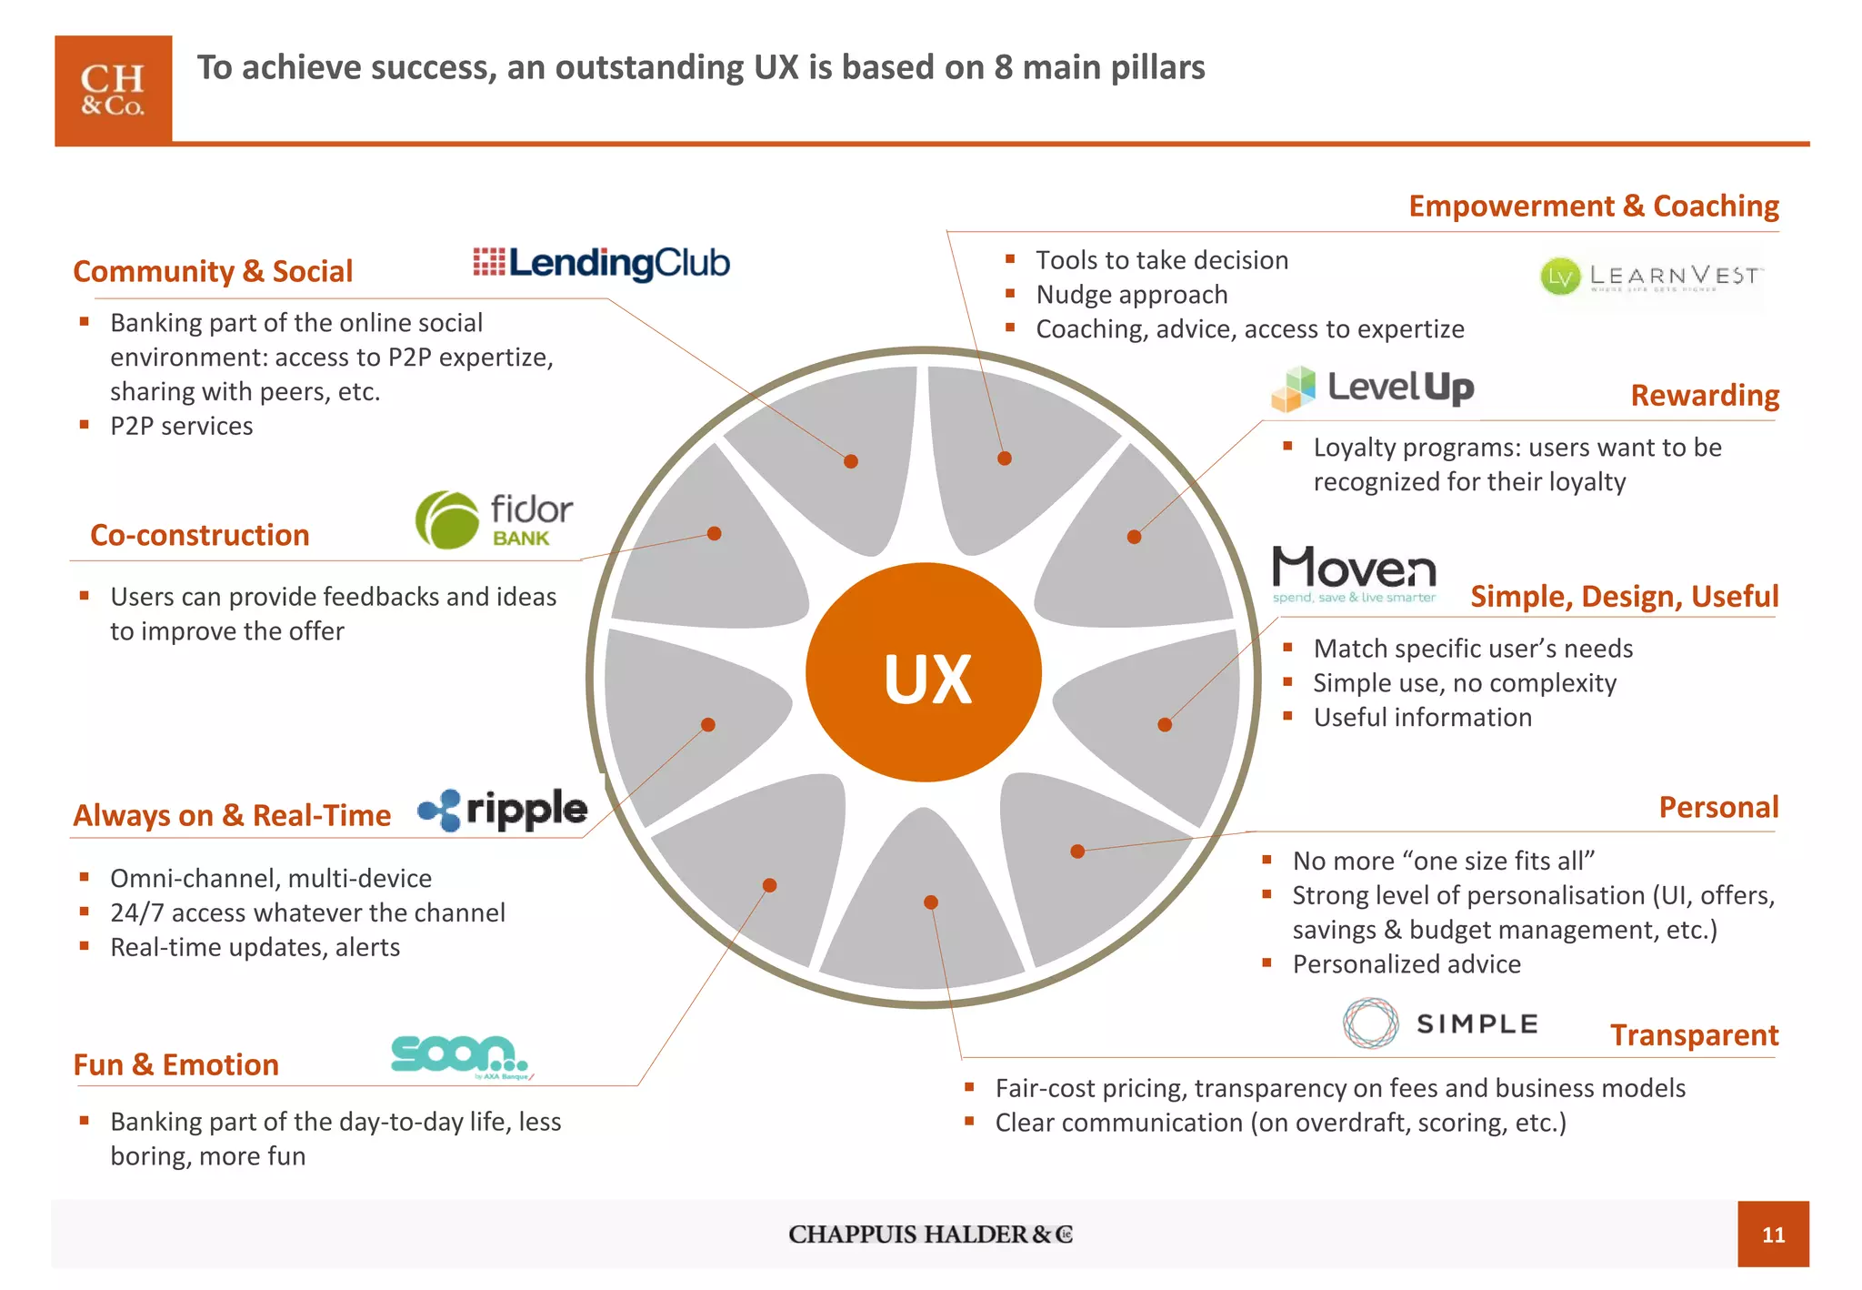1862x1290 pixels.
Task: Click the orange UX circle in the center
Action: pyautogui.click(x=924, y=672)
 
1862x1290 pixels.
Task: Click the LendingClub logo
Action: pyautogui.click(x=602, y=263)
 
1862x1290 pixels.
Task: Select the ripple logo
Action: pyautogui.click(x=503, y=809)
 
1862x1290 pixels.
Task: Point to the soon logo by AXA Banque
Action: pyautogui.click(x=460, y=1056)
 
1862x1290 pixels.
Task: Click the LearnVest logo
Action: pyautogui.click(x=1650, y=276)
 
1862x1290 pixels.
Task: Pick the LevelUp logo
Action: pyautogui.click(x=1373, y=388)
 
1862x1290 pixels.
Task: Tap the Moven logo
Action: pyautogui.click(x=1354, y=573)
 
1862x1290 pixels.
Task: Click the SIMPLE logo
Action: pyautogui.click(x=1441, y=1023)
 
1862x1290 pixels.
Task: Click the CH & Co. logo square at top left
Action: pyautogui.click(x=114, y=90)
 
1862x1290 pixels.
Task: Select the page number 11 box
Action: pyautogui.click(x=1773, y=1235)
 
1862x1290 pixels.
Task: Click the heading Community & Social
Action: pyautogui.click(x=213, y=271)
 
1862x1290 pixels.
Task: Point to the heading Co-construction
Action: pyautogui.click(x=200, y=535)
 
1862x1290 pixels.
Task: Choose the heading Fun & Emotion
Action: pyautogui.click(x=176, y=1064)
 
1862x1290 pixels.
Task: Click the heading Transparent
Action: pyautogui.click(x=1694, y=1035)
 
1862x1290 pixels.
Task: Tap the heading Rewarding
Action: pyautogui.click(x=1705, y=396)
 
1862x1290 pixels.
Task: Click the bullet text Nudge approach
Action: pyautogui.click(x=1132, y=295)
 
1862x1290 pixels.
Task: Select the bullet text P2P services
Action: pyautogui.click(x=182, y=426)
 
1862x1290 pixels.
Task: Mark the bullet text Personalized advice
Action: pyautogui.click(x=1407, y=964)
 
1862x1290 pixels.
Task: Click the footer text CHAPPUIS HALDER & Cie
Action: pyautogui.click(x=930, y=1235)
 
